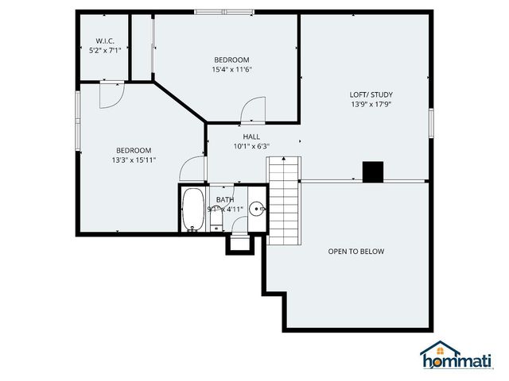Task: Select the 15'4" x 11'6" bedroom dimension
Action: click(x=231, y=70)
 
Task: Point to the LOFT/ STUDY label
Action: click(x=371, y=94)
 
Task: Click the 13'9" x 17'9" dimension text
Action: click(x=371, y=104)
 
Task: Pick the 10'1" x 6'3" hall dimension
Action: click(x=251, y=146)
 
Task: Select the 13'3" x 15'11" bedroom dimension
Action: click(x=134, y=160)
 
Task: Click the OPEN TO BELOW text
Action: click(x=356, y=252)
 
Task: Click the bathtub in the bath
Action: click(x=192, y=210)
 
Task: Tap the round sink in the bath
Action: click(x=257, y=210)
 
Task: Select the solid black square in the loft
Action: click(x=372, y=171)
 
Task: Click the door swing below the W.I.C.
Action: click(x=111, y=94)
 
